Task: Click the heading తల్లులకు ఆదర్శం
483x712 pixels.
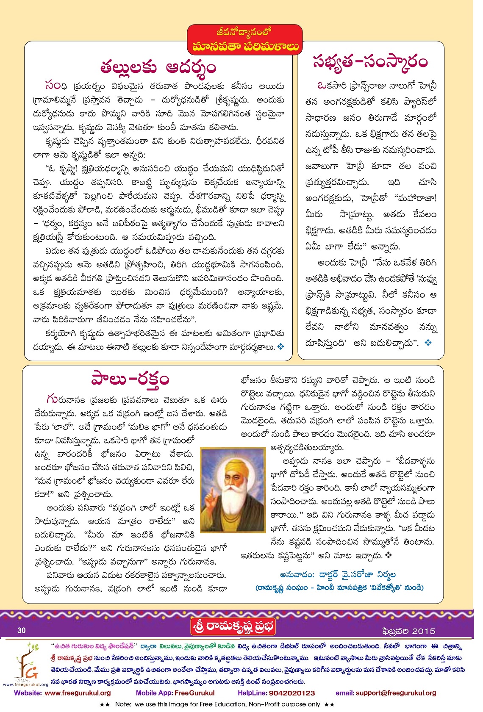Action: (x=158, y=67)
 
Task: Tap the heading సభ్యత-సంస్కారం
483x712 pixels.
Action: (x=370, y=62)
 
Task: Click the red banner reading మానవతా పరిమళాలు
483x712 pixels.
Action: (x=245, y=46)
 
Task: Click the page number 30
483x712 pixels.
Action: (x=22, y=630)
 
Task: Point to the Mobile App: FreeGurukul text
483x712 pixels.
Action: (x=175, y=693)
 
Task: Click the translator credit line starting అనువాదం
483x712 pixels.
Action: (x=338, y=574)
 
